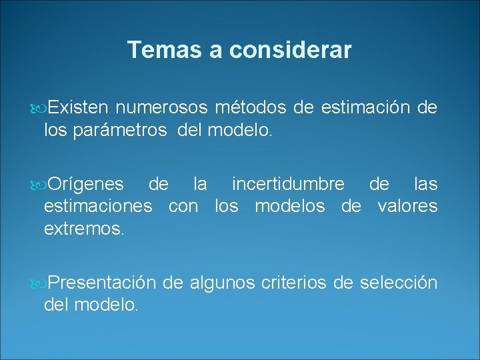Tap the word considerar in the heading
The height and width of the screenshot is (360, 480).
pos(288,50)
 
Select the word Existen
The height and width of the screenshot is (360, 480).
pos(77,107)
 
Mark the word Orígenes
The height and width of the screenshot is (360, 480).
pos(86,184)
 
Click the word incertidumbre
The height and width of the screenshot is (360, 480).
pos(288,184)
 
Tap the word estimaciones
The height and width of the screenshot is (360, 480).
pos(98,206)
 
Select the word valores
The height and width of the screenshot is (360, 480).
pos(407,206)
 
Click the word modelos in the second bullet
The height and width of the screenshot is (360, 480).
pos(289,206)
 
